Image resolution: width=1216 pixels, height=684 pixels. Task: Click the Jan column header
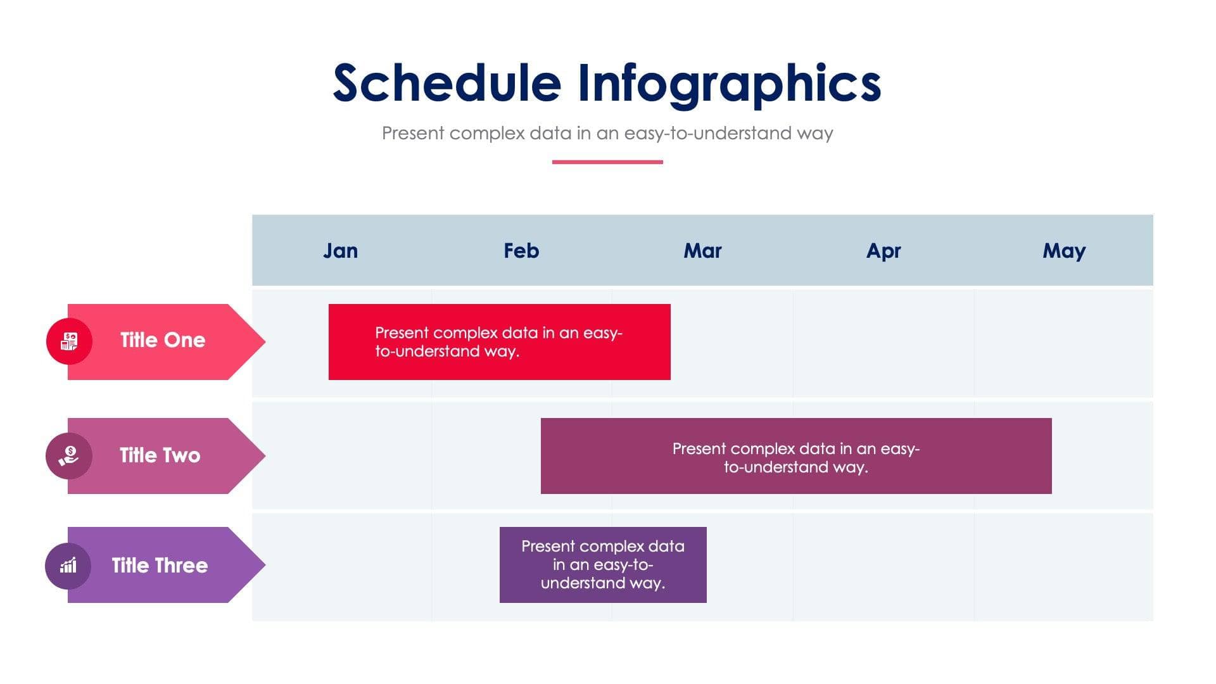(341, 251)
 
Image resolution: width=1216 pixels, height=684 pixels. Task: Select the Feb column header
(521, 251)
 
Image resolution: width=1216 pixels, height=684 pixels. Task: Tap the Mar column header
(702, 251)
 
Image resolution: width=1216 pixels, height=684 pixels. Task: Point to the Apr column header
(883, 251)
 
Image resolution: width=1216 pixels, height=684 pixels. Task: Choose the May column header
(1064, 251)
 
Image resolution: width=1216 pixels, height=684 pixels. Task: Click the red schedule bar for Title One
(499, 342)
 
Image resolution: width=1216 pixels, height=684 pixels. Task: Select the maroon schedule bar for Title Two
(796, 456)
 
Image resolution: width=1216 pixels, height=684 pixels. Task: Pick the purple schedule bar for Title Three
(603, 565)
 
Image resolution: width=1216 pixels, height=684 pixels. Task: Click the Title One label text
(163, 340)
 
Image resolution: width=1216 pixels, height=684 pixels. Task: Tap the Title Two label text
(160, 455)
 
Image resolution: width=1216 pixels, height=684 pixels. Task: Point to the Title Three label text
(160, 566)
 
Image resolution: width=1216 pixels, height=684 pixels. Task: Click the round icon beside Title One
(69, 341)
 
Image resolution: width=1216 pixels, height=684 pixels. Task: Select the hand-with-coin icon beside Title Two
(69, 456)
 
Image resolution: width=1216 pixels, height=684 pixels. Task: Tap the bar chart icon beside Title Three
(68, 566)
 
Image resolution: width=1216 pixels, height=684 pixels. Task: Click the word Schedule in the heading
(447, 83)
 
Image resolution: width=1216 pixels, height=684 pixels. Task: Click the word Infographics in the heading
(729, 83)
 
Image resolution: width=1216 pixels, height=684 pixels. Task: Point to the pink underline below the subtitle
(607, 162)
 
